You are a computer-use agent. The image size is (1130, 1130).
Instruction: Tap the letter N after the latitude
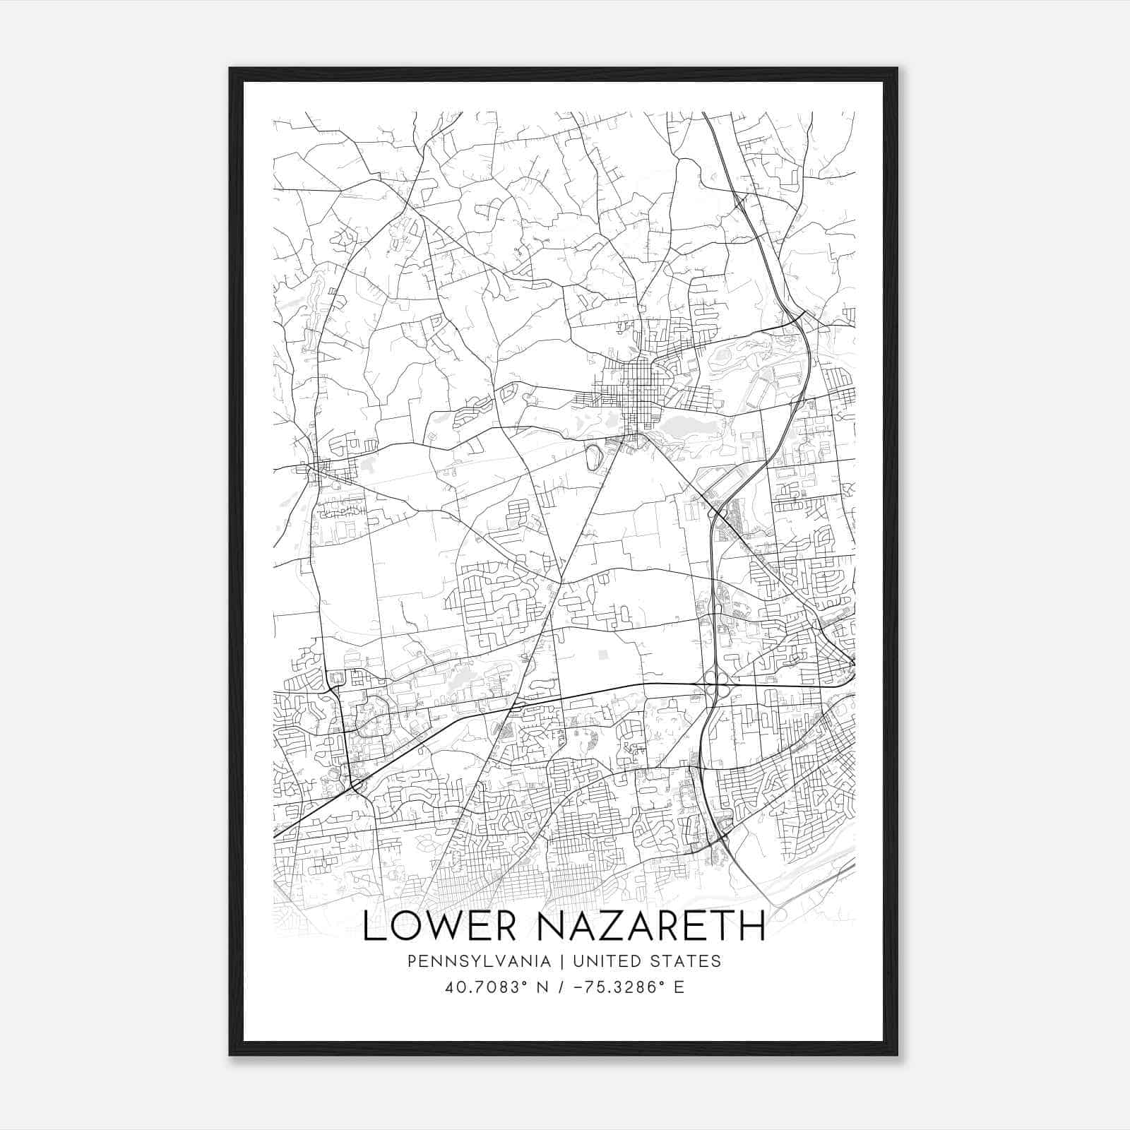[x=542, y=987]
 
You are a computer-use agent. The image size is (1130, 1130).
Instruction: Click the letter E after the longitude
[x=679, y=987]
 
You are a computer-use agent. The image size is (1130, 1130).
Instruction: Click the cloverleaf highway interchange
[x=719, y=684]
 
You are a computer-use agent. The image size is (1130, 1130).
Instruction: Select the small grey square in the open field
[x=602, y=655]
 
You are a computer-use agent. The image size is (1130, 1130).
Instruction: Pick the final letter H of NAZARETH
[x=754, y=926]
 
